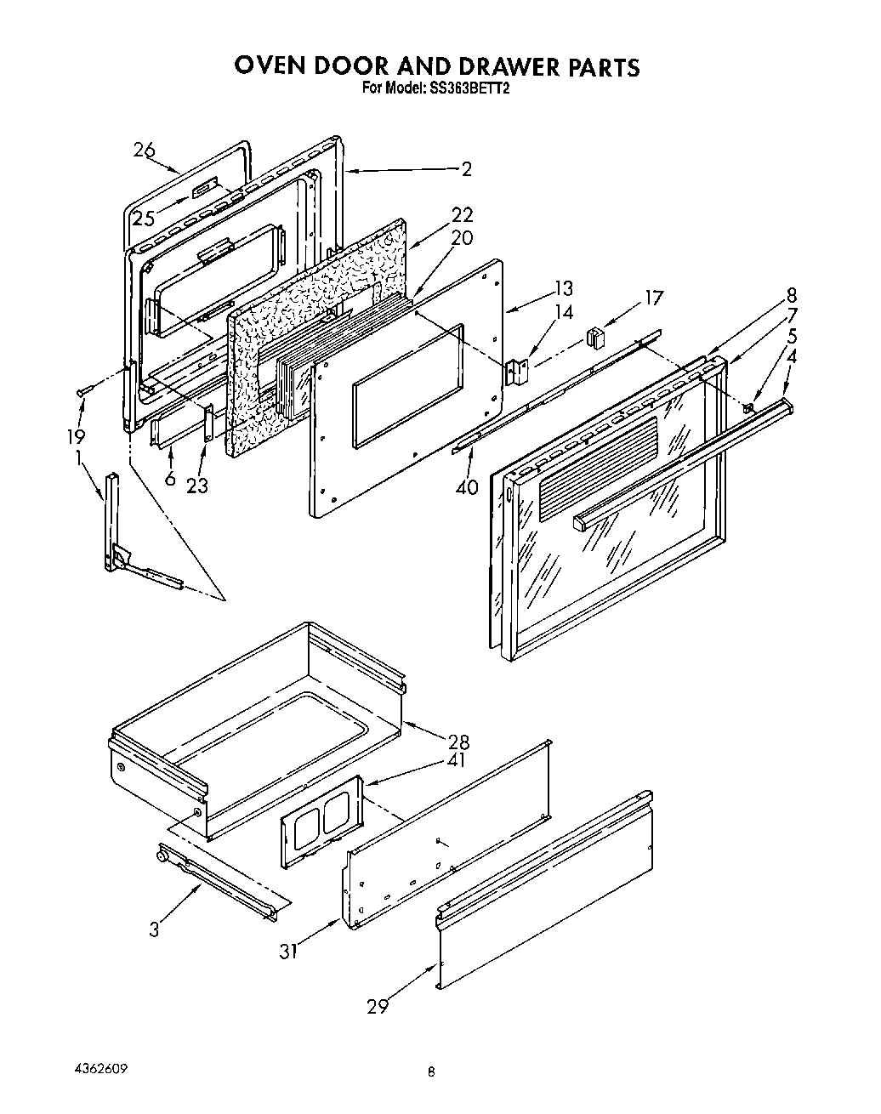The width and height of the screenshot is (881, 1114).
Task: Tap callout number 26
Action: pyautogui.click(x=145, y=151)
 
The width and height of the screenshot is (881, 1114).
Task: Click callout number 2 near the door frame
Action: pyautogui.click(x=465, y=169)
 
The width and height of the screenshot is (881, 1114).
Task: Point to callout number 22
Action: pyautogui.click(x=462, y=215)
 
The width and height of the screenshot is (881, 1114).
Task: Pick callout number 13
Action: pyautogui.click(x=562, y=288)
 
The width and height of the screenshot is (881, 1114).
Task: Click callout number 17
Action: pyautogui.click(x=653, y=298)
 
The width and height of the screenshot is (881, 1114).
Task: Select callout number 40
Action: pyautogui.click(x=467, y=487)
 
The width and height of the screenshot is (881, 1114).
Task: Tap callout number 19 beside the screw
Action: pyautogui.click(x=76, y=436)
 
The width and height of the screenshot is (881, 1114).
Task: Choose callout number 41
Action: pyautogui.click(x=458, y=761)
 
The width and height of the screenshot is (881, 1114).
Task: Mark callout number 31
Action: pyautogui.click(x=289, y=952)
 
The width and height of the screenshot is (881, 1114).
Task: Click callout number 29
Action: pyautogui.click(x=378, y=1007)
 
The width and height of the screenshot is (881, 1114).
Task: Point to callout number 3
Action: pyautogui.click(x=154, y=929)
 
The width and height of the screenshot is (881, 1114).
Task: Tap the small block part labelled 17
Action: pyautogui.click(x=595, y=338)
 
